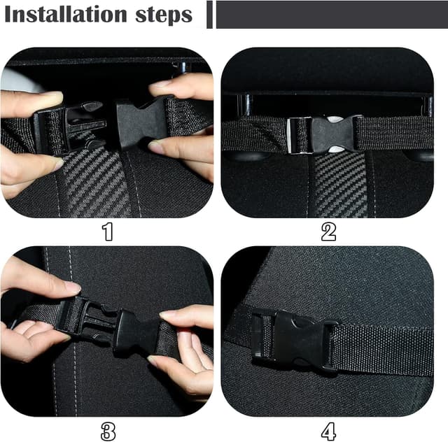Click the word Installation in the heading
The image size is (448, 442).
[x=66, y=14]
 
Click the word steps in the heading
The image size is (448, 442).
[x=164, y=15]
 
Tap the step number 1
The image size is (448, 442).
[x=108, y=231]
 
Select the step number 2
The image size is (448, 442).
[x=328, y=231]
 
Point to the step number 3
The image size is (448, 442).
[x=108, y=432]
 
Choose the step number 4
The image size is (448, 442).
[x=328, y=432]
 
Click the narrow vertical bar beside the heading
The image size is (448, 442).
[x=209, y=15]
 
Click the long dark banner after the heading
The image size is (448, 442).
[x=332, y=15]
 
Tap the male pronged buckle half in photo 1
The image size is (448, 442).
[x=70, y=127]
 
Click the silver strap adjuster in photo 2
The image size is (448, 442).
[x=300, y=136]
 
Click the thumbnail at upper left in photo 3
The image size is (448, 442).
[x=72, y=286]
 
